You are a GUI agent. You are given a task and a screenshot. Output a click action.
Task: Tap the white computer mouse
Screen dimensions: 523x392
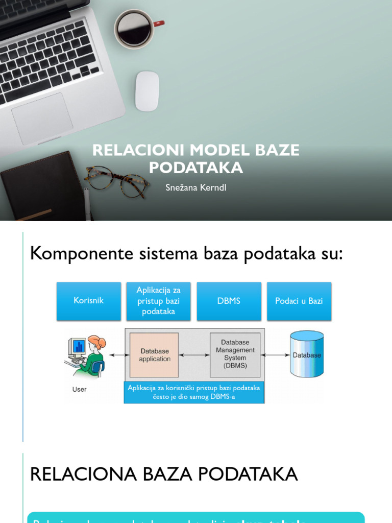click(147, 91)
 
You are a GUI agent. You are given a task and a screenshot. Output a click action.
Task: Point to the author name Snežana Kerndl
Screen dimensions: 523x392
click(195, 187)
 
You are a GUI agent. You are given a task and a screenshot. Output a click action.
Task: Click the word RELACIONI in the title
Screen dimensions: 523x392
click(138, 150)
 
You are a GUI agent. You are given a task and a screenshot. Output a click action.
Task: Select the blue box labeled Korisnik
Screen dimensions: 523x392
click(89, 301)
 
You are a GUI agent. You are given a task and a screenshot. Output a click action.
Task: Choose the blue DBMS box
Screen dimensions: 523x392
click(229, 301)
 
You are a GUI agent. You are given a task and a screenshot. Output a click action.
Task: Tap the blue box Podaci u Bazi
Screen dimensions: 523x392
click(299, 301)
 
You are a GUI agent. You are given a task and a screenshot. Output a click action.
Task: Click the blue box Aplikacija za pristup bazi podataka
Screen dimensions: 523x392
click(159, 301)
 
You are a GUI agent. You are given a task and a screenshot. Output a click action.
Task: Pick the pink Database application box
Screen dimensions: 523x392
click(154, 355)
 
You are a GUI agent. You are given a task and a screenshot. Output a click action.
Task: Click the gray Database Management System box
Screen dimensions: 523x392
click(235, 354)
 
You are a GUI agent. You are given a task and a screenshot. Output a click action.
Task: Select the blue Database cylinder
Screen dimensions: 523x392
click(307, 354)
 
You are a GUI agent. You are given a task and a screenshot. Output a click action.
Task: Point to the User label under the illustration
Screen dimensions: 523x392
click(80, 389)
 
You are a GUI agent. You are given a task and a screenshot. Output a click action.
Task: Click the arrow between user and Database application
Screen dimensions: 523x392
click(118, 355)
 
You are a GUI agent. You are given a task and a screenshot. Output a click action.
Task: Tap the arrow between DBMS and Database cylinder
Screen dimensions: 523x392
click(275, 354)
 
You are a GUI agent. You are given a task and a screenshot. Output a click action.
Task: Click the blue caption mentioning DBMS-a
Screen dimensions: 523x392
click(194, 392)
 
